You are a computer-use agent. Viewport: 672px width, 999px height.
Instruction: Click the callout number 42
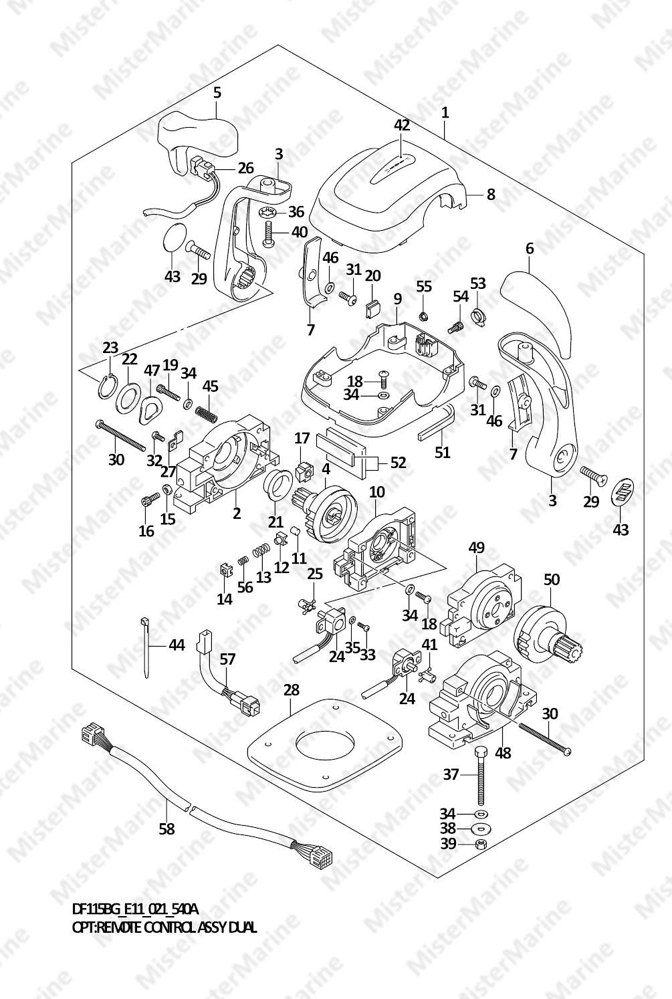(x=401, y=125)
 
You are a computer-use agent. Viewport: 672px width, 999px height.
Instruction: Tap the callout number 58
(x=166, y=828)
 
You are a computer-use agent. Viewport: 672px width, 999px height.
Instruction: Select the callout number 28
(x=291, y=689)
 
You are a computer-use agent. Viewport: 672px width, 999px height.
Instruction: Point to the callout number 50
(x=551, y=580)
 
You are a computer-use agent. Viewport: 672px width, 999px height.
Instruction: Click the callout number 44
(x=177, y=645)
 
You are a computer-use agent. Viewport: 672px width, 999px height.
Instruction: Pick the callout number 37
(x=451, y=774)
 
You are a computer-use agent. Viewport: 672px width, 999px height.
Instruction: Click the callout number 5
(x=217, y=92)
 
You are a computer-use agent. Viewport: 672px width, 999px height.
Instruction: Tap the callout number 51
(x=442, y=453)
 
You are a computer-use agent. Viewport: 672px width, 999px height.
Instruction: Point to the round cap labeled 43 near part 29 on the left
(x=175, y=237)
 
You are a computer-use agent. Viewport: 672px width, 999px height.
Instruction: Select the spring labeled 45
(x=207, y=411)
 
